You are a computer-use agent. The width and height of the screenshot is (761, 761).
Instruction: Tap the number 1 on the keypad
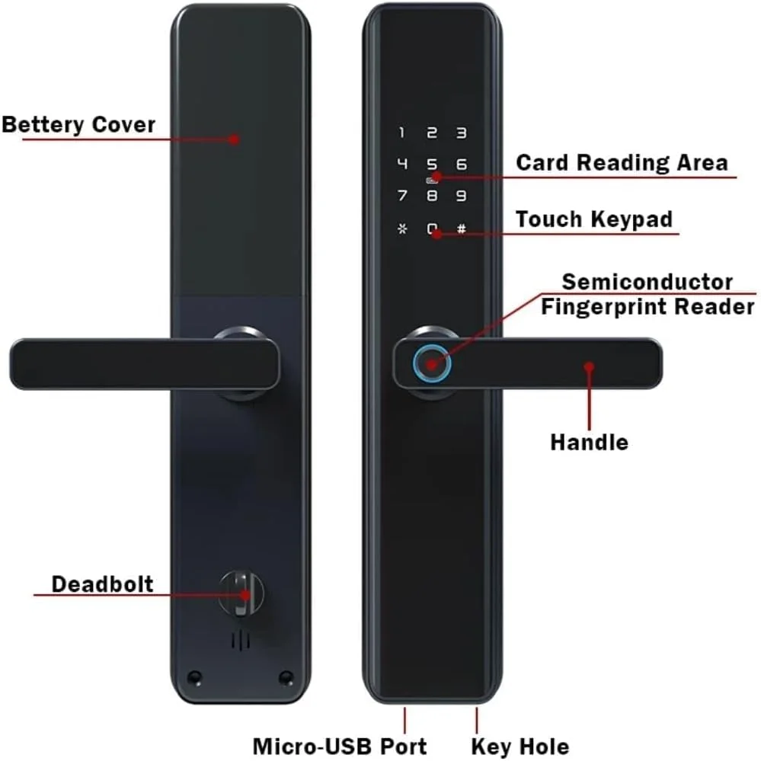pos(401,133)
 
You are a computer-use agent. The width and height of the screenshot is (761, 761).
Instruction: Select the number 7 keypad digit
pos(402,196)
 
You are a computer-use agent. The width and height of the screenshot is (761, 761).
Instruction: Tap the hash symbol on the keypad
pos(462,228)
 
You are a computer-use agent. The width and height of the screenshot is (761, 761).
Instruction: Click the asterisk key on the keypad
pos(402,228)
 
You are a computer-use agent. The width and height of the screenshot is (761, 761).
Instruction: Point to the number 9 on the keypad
pos(462,196)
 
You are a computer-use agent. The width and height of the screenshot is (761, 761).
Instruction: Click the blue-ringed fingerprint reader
pos(432,363)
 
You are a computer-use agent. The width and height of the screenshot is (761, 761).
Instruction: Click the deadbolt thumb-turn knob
pos(241,594)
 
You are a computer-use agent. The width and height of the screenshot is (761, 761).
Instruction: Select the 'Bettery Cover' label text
pos(78,125)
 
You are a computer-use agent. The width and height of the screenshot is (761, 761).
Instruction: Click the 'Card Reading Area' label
pos(622,162)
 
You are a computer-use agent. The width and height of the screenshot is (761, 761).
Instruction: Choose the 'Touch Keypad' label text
pos(594,219)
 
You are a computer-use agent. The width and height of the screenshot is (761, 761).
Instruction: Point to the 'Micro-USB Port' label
pos(340,746)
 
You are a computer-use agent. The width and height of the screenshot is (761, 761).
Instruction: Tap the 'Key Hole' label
pos(520,747)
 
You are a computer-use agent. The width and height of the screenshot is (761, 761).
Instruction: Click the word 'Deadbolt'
pos(102,584)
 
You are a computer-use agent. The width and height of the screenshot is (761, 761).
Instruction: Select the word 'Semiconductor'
pos(647,282)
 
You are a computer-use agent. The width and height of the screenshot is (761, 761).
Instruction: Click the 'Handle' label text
pos(589,443)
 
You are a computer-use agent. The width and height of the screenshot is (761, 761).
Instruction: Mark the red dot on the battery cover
pos(235,139)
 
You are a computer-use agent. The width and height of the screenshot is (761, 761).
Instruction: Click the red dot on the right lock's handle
pos(589,367)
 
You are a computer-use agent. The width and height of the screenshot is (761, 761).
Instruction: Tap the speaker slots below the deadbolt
pos(241,641)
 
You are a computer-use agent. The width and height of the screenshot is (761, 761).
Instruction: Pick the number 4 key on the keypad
pos(402,164)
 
